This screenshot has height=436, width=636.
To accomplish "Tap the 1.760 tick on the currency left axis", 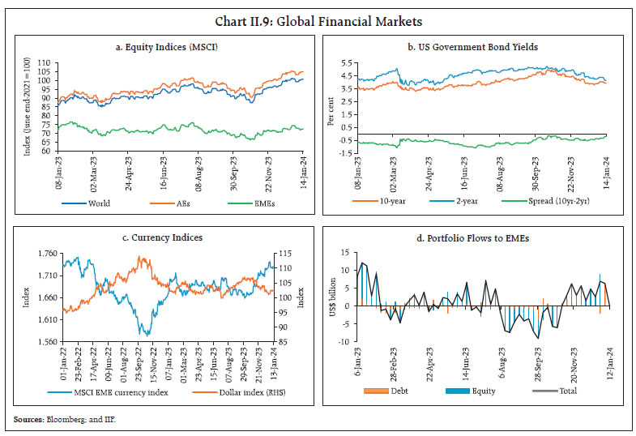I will click(45, 254).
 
